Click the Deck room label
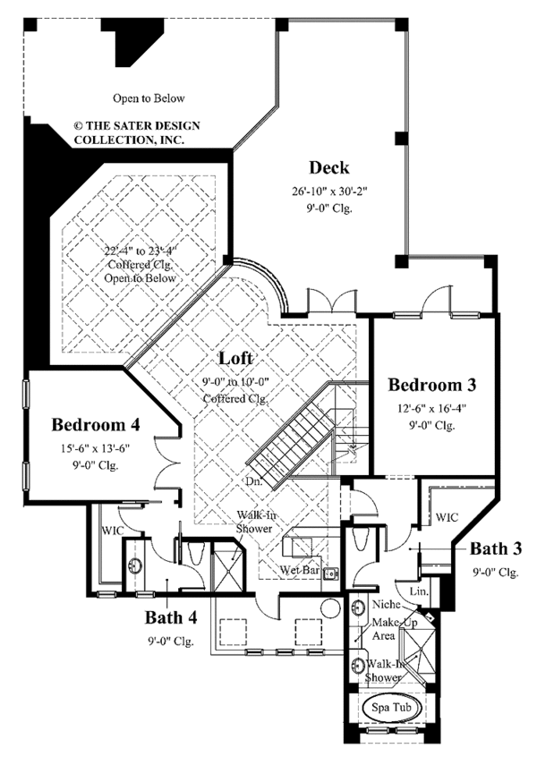pyautogui.click(x=329, y=167)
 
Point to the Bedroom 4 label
pyautogui.click(x=95, y=423)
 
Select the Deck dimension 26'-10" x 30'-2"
pyautogui.click(x=329, y=190)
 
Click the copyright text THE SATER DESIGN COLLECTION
pyautogui.click(x=131, y=133)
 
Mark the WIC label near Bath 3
pyautogui.click(x=447, y=517)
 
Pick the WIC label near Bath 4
pyautogui.click(x=112, y=531)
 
